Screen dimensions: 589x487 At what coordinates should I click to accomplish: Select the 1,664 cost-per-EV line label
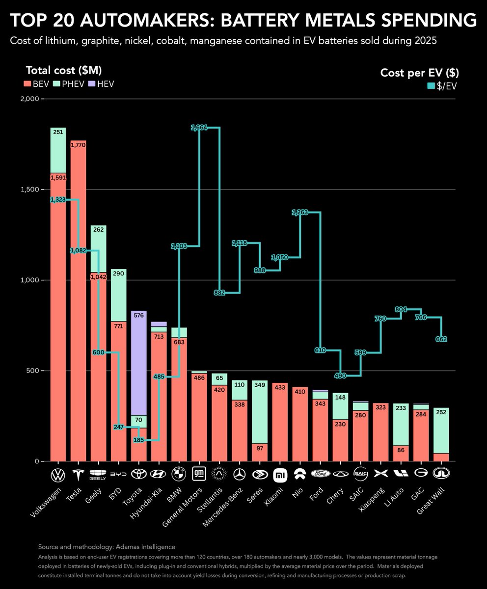click(x=199, y=128)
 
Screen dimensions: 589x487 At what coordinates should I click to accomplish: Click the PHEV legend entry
click(x=67, y=84)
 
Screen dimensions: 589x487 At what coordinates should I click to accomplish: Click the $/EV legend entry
click(x=444, y=86)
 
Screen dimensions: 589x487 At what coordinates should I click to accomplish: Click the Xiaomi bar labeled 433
click(x=280, y=422)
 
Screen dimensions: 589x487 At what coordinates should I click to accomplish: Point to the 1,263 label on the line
click(x=300, y=213)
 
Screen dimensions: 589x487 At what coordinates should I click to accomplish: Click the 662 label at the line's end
click(x=441, y=339)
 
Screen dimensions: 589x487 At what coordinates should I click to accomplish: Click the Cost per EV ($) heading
click(x=420, y=73)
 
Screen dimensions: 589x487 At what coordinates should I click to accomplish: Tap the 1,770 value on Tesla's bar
click(x=78, y=145)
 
